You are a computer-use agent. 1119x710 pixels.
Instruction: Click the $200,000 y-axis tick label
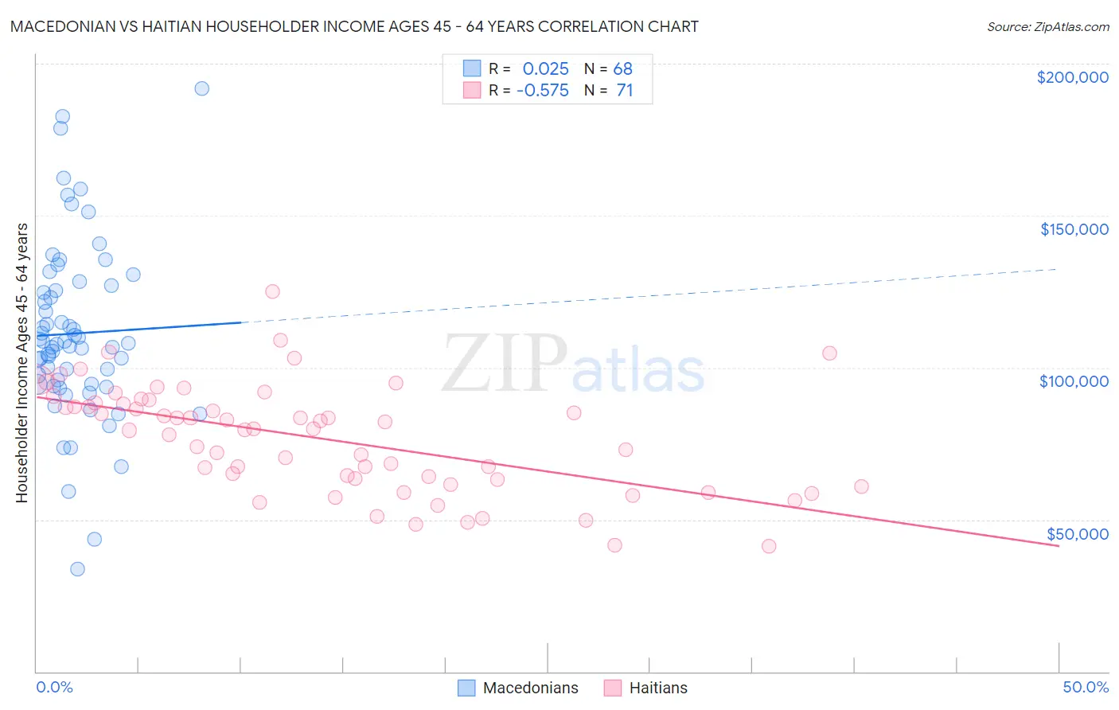pos(1072,77)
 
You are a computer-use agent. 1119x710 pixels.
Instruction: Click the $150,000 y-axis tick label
pos(1074,229)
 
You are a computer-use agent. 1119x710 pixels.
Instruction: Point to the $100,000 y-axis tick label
pos(1074,381)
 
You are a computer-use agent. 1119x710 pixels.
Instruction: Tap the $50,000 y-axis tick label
pos(1077,533)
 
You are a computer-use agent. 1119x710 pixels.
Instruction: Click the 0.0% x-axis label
pos(54,687)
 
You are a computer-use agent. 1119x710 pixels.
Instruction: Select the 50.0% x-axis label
pos(1086,687)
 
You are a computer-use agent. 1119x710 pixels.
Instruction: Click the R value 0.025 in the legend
pos(545,69)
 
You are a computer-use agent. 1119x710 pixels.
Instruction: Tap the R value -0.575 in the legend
pos(542,91)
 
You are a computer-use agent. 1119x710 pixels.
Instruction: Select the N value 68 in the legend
pos(622,69)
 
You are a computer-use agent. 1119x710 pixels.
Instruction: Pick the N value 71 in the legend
pos(624,91)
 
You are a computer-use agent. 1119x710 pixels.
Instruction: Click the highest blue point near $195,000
pos(202,88)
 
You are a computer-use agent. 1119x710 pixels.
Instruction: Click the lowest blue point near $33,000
pos(77,569)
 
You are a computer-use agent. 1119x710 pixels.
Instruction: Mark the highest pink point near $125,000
pos(272,291)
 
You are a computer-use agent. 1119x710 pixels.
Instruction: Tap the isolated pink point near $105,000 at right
pos(829,353)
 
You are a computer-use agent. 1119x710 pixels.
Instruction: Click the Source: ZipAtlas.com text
pos(1047,27)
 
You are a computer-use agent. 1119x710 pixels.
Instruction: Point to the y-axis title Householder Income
pos(21,362)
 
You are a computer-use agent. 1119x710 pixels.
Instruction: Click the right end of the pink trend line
pos(1059,546)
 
